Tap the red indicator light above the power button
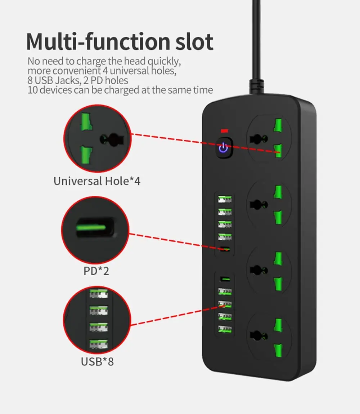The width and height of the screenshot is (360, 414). click(224, 130)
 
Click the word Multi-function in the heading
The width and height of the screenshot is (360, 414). click(91, 42)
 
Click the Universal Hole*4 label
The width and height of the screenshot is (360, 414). click(97, 181)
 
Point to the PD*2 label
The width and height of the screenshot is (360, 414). click(96, 271)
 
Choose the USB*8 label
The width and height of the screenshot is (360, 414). click(97, 361)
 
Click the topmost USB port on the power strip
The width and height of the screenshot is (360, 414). click(225, 199)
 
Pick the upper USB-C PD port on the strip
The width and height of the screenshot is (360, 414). click(225, 249)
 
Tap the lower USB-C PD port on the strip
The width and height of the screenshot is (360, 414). click(225, 279)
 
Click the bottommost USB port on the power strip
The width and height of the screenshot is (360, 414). click(225, 329)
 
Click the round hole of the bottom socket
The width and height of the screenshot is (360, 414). click(258, 335)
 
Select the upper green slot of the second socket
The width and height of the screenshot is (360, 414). click(278, 192)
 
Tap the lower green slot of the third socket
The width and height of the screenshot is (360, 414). click(278, 283)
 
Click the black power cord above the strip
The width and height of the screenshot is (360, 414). click(257, 47)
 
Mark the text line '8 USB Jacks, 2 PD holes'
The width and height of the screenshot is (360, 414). click(78, 80)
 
